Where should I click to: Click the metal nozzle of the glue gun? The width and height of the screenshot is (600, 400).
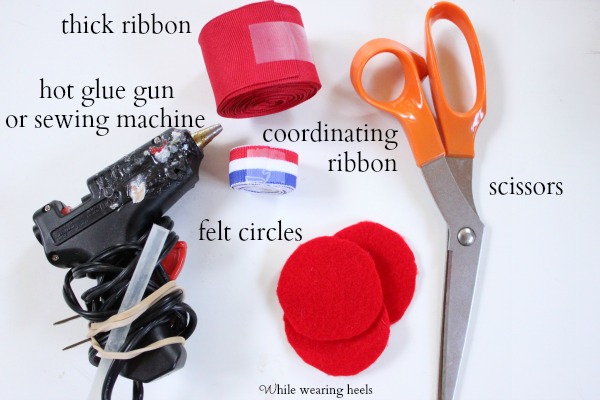point(208,134)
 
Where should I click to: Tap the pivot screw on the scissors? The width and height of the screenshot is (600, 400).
point(466,235)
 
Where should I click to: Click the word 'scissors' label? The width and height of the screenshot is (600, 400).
point(526,188)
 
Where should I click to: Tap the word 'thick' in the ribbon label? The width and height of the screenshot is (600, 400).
point(87,25)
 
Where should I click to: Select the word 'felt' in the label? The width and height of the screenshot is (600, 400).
point(215,231)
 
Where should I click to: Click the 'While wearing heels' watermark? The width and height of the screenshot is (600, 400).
point(316,390)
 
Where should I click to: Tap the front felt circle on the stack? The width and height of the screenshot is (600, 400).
point(330,288)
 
